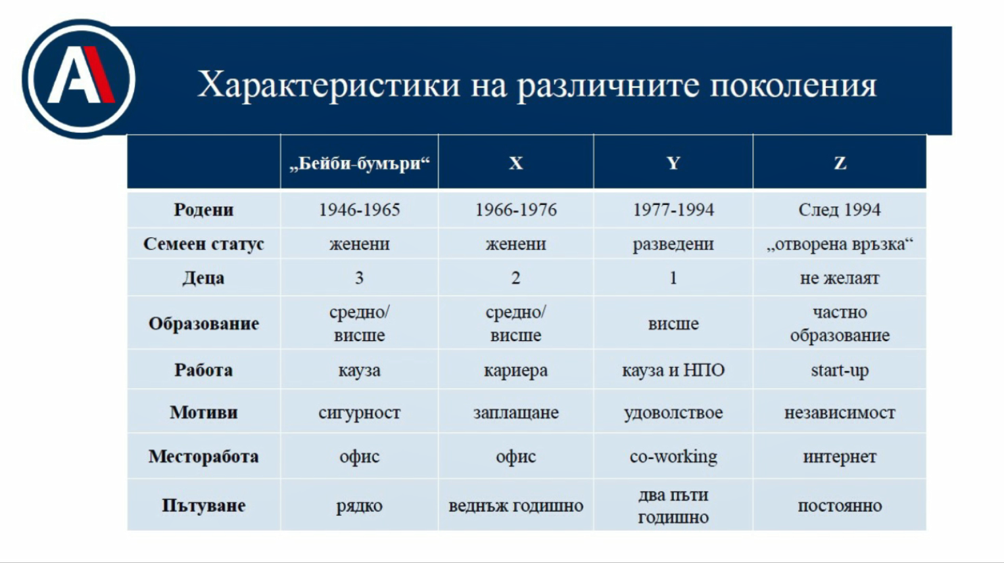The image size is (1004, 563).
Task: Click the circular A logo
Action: [79, 79]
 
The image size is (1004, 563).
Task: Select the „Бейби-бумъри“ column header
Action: [360, 164]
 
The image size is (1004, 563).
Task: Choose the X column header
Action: [516, 163]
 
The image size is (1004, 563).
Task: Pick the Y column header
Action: [673, 163]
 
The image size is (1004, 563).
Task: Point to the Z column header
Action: [840, 163]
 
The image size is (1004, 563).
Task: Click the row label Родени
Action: [204, 210]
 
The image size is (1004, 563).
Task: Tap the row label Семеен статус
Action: [204, 244]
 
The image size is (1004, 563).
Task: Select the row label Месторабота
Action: [204, 457]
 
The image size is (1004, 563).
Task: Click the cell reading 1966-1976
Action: [516, 210]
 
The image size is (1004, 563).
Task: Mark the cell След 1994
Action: [840, 210]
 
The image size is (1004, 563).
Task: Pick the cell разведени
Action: [673, 244]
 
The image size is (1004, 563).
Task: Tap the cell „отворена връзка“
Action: [840, 244]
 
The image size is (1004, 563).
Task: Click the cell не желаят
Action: [840, 278]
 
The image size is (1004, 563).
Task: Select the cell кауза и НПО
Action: [673, 371]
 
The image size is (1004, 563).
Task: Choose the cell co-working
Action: [673, 457]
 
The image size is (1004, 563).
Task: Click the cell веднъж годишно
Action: [516, 506]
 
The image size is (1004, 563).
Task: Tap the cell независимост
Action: [840, 413]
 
